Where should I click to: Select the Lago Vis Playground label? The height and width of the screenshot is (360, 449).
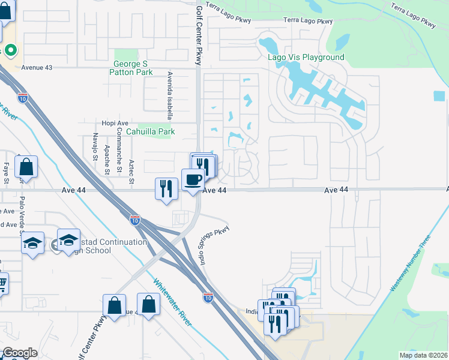click(x=306, y=58)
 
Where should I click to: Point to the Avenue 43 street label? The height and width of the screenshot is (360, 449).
click(x=37, y=68)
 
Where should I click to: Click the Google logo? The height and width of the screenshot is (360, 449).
click(x=19, y=353)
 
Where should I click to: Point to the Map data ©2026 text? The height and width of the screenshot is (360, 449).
click(x=423, y=355)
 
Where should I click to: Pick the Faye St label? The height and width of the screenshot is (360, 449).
click(x=7, y=173)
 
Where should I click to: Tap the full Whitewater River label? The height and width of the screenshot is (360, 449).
click(x=172, y=303)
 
